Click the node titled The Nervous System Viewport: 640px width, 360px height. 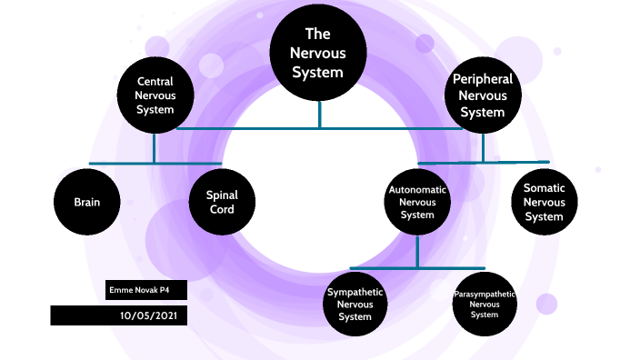coord(318,54)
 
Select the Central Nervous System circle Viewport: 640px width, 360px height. coord(155,95)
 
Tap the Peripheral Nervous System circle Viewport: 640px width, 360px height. coord(482,95)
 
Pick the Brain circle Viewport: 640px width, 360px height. coord(87,202)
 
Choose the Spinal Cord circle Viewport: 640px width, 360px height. coord(222,202)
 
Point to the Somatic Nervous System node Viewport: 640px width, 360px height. coord(544,202)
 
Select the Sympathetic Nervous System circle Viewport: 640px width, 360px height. coord(355,304)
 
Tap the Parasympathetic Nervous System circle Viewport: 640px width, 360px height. coord(485,304)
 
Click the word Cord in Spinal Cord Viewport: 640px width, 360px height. coord(222,210)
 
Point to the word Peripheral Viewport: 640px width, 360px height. coord(482,79)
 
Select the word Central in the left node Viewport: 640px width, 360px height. coord(155,81)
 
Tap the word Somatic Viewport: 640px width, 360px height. coord(544,187)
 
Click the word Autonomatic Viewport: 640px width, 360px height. coord(417,190)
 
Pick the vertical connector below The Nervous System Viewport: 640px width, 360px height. coord(319,115)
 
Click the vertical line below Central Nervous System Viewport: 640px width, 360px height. coord(155,146)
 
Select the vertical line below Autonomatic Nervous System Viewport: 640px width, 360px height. coord(417,251)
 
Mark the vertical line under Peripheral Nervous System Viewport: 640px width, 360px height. coord(483,146)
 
